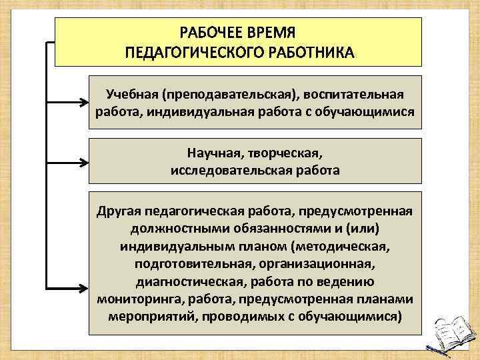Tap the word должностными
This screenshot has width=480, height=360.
click(175, 229)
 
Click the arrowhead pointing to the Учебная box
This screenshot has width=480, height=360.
click(85, 103)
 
